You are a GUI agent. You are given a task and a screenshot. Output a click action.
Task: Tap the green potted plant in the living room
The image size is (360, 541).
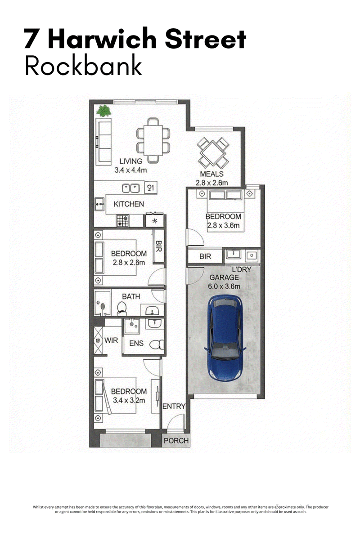coord(103,112)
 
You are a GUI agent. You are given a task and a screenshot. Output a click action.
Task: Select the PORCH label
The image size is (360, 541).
coord(176,441)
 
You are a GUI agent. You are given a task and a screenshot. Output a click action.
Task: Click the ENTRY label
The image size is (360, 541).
coord(174,406)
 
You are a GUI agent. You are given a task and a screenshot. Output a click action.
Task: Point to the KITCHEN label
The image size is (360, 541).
coord(129,204)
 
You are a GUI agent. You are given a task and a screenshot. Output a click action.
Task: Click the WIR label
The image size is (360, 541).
coord(111,340)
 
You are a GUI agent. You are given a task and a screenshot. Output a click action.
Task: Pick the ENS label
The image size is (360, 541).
coord(136,343)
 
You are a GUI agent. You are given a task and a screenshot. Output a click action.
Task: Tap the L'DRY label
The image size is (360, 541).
coord(242,269)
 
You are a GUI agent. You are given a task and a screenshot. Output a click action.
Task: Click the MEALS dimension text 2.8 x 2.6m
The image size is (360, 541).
coord(211,183)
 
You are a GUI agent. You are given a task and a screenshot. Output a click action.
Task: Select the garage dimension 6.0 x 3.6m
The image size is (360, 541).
coord(224,286)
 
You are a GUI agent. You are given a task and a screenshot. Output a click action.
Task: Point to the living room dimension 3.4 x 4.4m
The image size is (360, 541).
coord(130,170)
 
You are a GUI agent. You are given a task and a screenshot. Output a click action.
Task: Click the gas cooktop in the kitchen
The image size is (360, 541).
coord(123,221)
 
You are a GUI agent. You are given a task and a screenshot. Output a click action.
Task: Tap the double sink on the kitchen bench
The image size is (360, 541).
coord(130,188)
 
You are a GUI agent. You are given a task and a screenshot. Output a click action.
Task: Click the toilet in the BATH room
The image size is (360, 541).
coord(122,309)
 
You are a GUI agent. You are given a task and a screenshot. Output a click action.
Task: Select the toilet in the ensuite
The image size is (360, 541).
coord(157,344)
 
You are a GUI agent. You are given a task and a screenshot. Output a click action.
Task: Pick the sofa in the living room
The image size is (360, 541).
coord(103,142)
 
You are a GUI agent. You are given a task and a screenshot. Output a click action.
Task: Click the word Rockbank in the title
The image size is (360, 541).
coord(83,66)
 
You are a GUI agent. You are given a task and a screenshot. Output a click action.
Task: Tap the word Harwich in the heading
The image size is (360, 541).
coord(102,39)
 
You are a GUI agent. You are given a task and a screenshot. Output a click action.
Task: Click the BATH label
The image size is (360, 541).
coord(131,296)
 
